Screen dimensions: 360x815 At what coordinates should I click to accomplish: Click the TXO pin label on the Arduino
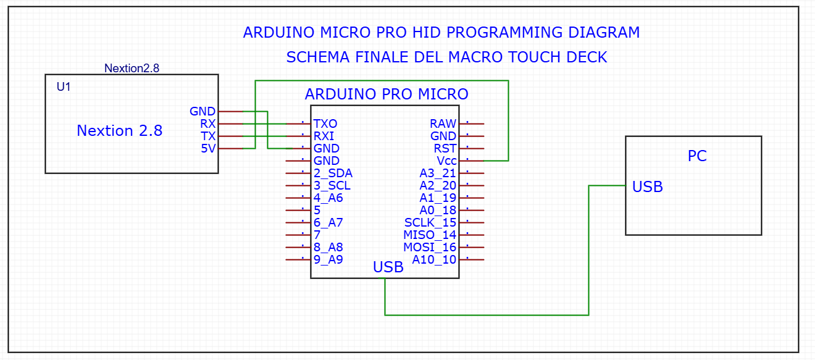tap(325, 124)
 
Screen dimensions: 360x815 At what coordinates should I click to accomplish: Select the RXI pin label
tap(325, 136)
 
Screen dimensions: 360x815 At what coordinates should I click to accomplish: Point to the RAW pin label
tap(443, 124)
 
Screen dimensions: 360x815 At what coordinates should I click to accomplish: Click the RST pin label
tap(445, 148)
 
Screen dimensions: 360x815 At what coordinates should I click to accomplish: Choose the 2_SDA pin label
tap(333, 174)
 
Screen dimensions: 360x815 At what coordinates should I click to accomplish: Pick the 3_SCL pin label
tap(332, 186)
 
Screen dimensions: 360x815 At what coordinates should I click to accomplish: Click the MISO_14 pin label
tap(430, 235)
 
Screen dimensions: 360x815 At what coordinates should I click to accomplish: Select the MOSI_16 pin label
tap(430, 247)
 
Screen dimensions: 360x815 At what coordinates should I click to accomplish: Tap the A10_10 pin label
tap(435, 259)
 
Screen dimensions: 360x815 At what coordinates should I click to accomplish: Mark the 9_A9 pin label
tap(328, 259)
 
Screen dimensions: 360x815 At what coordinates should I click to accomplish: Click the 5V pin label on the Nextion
tap(209, 148)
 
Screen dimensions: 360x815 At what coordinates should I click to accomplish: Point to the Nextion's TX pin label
tap(208, 136)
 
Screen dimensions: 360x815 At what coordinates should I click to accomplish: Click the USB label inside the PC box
tap(648, 186)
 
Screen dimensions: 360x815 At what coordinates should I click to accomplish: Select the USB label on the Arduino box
tap(388, 267)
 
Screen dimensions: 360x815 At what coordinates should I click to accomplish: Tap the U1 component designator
tap(64, 87)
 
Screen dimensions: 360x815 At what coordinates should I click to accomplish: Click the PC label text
tap(697, 156)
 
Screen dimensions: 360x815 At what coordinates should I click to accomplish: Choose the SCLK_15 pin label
tap(430, 222)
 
